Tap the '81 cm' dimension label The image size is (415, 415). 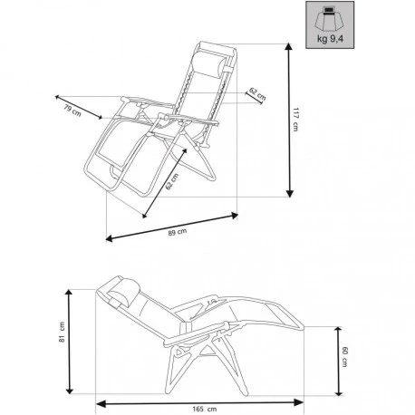[63, 335]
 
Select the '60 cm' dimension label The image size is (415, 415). [344, 358]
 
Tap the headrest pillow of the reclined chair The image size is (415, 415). [126, 293]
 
